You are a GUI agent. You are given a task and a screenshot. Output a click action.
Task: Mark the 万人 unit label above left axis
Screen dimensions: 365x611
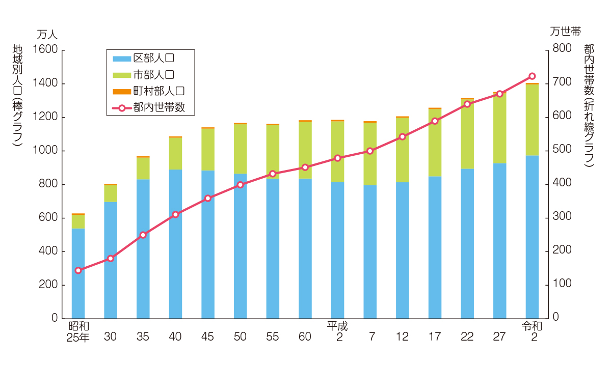point(47,35)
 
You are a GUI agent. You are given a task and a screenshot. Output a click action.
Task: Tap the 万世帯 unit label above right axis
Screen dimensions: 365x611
point(565,32)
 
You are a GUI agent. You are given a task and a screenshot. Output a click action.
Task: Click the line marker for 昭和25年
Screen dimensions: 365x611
point(78,270)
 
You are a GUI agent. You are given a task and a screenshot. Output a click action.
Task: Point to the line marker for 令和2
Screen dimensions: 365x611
point(532,76)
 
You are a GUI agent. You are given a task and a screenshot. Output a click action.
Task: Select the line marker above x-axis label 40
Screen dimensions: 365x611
point(175,214)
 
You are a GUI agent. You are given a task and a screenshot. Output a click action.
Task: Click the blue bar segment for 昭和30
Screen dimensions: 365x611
point(111,260)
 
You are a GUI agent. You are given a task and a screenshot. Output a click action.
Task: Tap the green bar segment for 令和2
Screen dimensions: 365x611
point(532,120)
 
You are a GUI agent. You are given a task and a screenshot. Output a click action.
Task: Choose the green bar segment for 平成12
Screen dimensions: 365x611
point(402,150)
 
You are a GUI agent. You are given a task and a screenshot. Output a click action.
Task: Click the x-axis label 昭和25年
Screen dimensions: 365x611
point(78,331)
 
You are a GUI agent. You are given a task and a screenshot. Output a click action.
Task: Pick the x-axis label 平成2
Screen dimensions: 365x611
point(337,331)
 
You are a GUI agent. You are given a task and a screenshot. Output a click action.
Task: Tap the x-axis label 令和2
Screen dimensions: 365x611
point(532,331)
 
